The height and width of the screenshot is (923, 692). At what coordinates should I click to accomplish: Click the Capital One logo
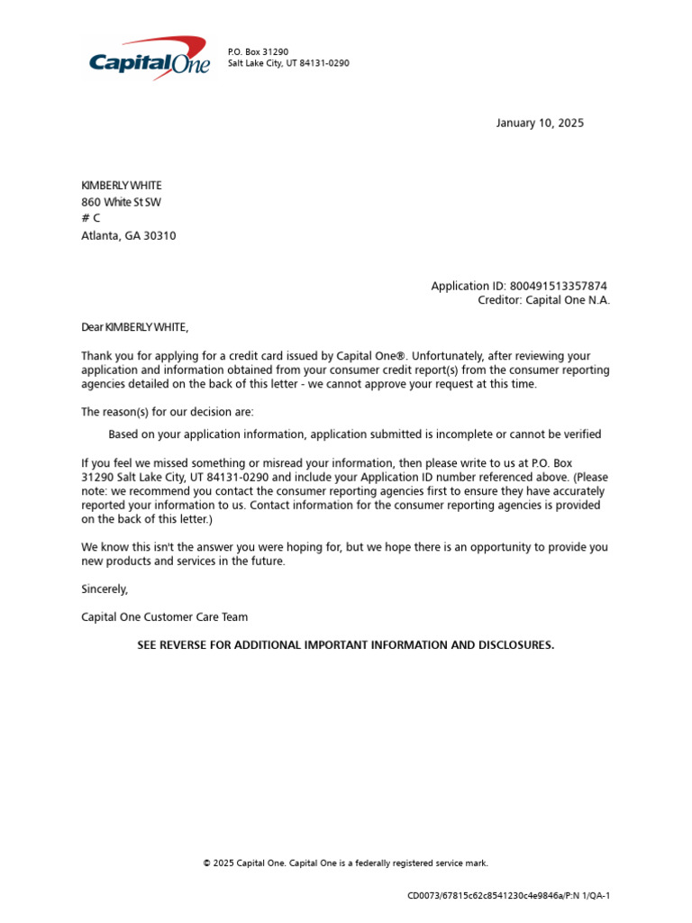point(149,59)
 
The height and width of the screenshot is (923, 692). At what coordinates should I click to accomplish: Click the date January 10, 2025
point(540,123)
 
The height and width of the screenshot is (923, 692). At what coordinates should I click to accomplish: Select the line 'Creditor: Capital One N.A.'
point(543,300)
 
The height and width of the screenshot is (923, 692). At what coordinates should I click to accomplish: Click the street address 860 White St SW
point(122,202)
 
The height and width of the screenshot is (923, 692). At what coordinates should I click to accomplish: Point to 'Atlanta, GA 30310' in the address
point(129,236)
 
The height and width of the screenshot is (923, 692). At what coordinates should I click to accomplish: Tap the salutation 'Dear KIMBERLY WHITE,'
point(135,326)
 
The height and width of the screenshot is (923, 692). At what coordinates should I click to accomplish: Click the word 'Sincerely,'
point(105,589)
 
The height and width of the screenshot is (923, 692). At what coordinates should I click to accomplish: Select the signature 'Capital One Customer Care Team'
point(164,617)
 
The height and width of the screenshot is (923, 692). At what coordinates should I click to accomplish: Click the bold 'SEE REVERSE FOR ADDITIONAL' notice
point(346,645)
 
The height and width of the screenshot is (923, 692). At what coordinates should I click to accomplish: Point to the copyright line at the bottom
point(346,864)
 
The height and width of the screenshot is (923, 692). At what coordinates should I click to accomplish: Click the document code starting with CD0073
point(509,896)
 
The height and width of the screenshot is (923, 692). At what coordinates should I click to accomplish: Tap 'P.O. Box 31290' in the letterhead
point(258,52)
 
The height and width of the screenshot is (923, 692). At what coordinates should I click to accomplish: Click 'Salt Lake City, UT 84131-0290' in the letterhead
point(288,64)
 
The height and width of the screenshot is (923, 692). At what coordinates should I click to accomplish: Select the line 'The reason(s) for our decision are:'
point(168,412)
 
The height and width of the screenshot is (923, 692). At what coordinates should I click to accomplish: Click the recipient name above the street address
point(122,186)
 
